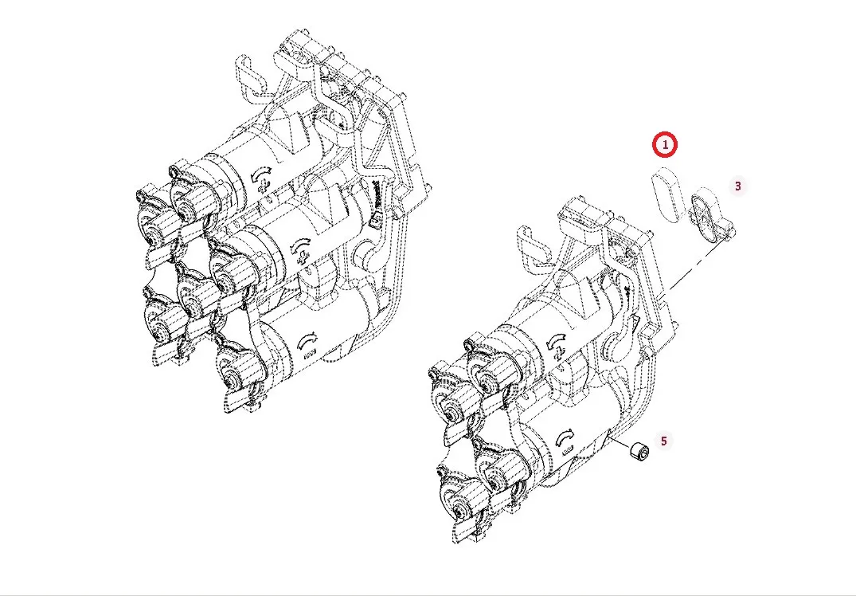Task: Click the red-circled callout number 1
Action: click(x=665, y=145)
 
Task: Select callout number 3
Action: click(x=738, y=186)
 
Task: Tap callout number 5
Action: click(x=664, y=441)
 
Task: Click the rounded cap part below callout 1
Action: click(x=667, y=194)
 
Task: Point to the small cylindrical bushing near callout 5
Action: click(x=639, y=452)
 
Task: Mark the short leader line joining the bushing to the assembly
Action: click(x=620, y=441)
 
